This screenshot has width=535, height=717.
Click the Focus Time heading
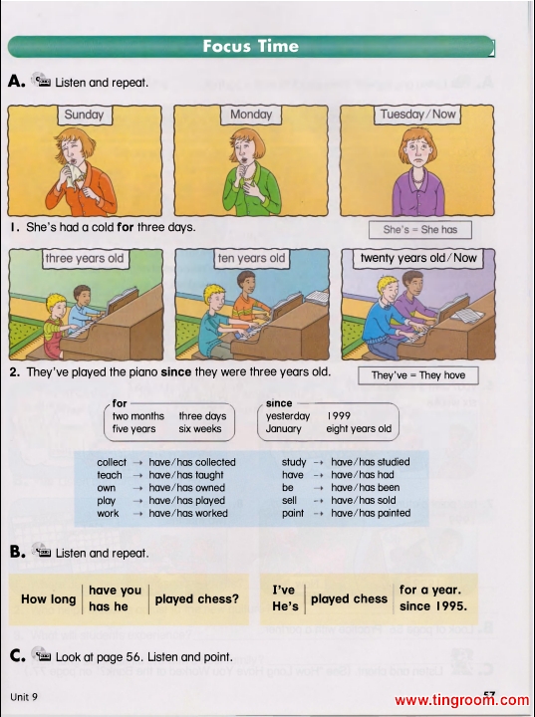click(251, 46)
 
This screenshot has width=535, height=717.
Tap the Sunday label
click(85, 115)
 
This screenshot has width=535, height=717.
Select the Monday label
click(251, 115)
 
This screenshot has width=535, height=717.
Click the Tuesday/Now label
click(417, 115)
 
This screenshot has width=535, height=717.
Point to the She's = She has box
click(420, 230)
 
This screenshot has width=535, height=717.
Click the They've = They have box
click(418, 375)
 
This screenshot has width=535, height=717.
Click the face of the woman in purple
click(420, 152)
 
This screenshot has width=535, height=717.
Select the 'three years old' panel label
click(85, 258)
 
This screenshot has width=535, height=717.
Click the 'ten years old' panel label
click(251, 258)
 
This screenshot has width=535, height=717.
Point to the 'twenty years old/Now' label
click(418, 258)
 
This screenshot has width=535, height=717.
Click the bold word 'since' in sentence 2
click(175, 372)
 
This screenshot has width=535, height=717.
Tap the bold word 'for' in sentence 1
click(125, 227)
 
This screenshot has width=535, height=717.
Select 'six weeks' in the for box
click(200, 429)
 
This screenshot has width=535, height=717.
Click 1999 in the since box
click(339, 416)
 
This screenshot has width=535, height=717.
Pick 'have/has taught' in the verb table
click(186, 475)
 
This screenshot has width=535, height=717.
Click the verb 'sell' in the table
click(289, 500)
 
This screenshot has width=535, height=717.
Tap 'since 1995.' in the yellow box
click(433, 606)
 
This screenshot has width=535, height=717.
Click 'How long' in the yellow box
click(49, 599)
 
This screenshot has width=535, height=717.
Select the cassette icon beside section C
click(41, 654)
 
